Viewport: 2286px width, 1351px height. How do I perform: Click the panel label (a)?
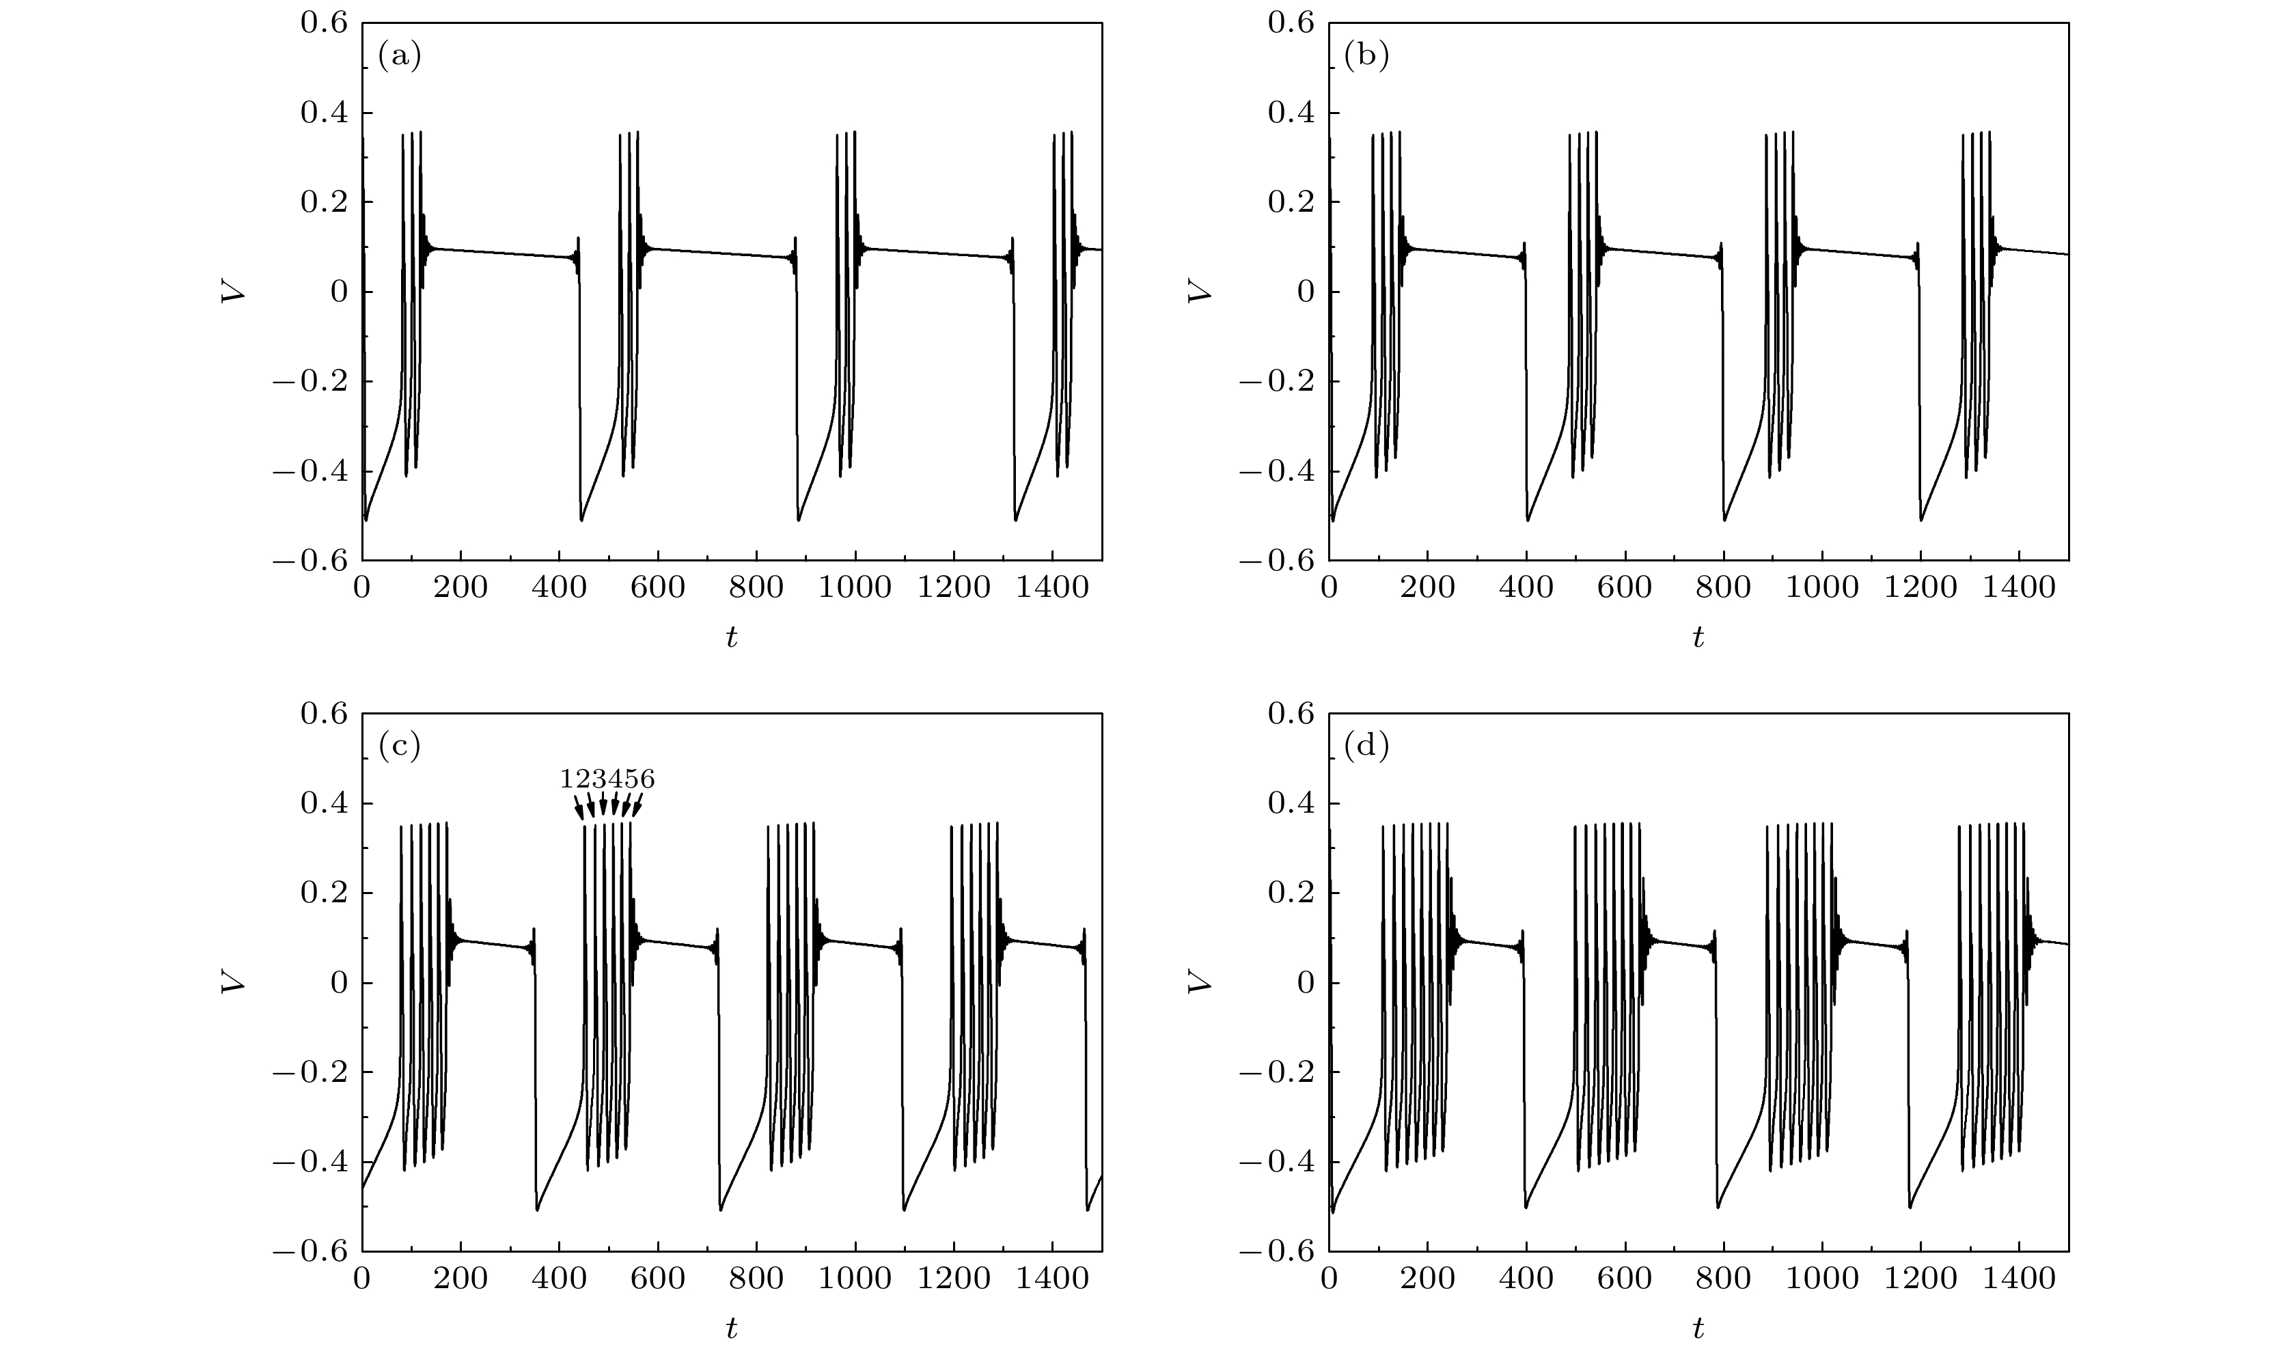400,57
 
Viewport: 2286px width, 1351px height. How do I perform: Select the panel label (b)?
1366,57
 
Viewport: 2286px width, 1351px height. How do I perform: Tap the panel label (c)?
400,747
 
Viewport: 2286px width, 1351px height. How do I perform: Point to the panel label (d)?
1366,747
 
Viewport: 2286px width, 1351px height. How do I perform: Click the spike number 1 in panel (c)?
567,779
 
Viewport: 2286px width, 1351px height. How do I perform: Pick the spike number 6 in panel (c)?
646,779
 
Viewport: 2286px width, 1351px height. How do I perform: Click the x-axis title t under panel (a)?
731,638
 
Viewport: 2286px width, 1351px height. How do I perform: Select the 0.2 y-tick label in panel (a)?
324,202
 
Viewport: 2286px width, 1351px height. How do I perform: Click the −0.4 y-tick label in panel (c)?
309,1162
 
